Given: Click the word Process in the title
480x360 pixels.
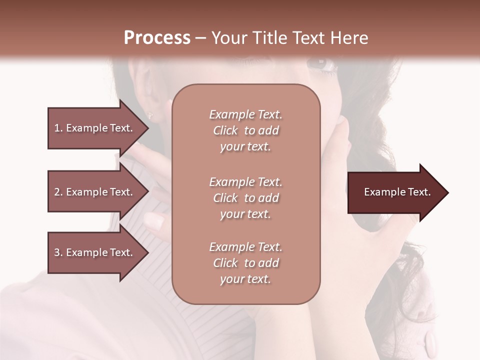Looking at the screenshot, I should click(157, 38).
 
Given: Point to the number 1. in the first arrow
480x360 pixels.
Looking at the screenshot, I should click(58, 128).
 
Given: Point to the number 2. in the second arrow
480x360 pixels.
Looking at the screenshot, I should click(58, 192).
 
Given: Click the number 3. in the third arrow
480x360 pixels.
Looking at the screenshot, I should click(58, 252).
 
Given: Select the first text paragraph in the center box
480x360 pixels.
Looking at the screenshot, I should click(245, 130).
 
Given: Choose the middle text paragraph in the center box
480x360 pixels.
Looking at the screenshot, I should click(245, 197).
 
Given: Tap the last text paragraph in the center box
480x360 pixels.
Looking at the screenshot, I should click(245, 263).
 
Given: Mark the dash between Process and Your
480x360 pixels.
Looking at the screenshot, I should click(201, 38).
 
